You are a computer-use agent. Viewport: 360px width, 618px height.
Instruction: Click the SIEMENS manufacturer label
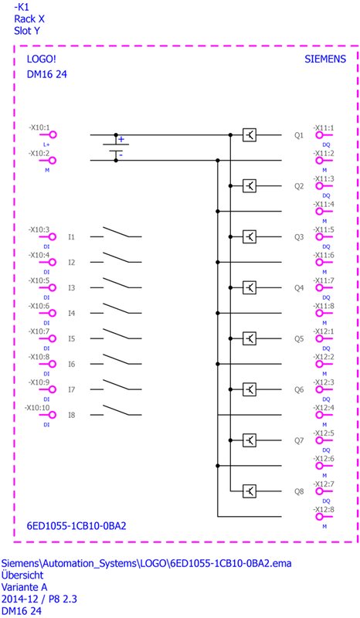pos(325,59)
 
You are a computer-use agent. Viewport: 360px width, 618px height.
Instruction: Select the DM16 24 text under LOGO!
pos(47,74)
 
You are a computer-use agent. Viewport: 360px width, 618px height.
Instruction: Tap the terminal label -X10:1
pos(39,128)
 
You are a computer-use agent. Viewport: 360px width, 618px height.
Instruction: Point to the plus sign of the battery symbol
pos(121,140)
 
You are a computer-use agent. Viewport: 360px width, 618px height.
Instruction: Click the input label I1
pos(71,237)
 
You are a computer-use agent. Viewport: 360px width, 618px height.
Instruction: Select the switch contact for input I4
pos(116,308)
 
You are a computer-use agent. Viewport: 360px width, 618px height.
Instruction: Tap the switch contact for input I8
pos(116,410)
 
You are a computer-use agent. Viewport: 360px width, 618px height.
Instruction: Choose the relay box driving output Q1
pos(250,135)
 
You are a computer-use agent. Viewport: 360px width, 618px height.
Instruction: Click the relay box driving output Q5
pos(250,338)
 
